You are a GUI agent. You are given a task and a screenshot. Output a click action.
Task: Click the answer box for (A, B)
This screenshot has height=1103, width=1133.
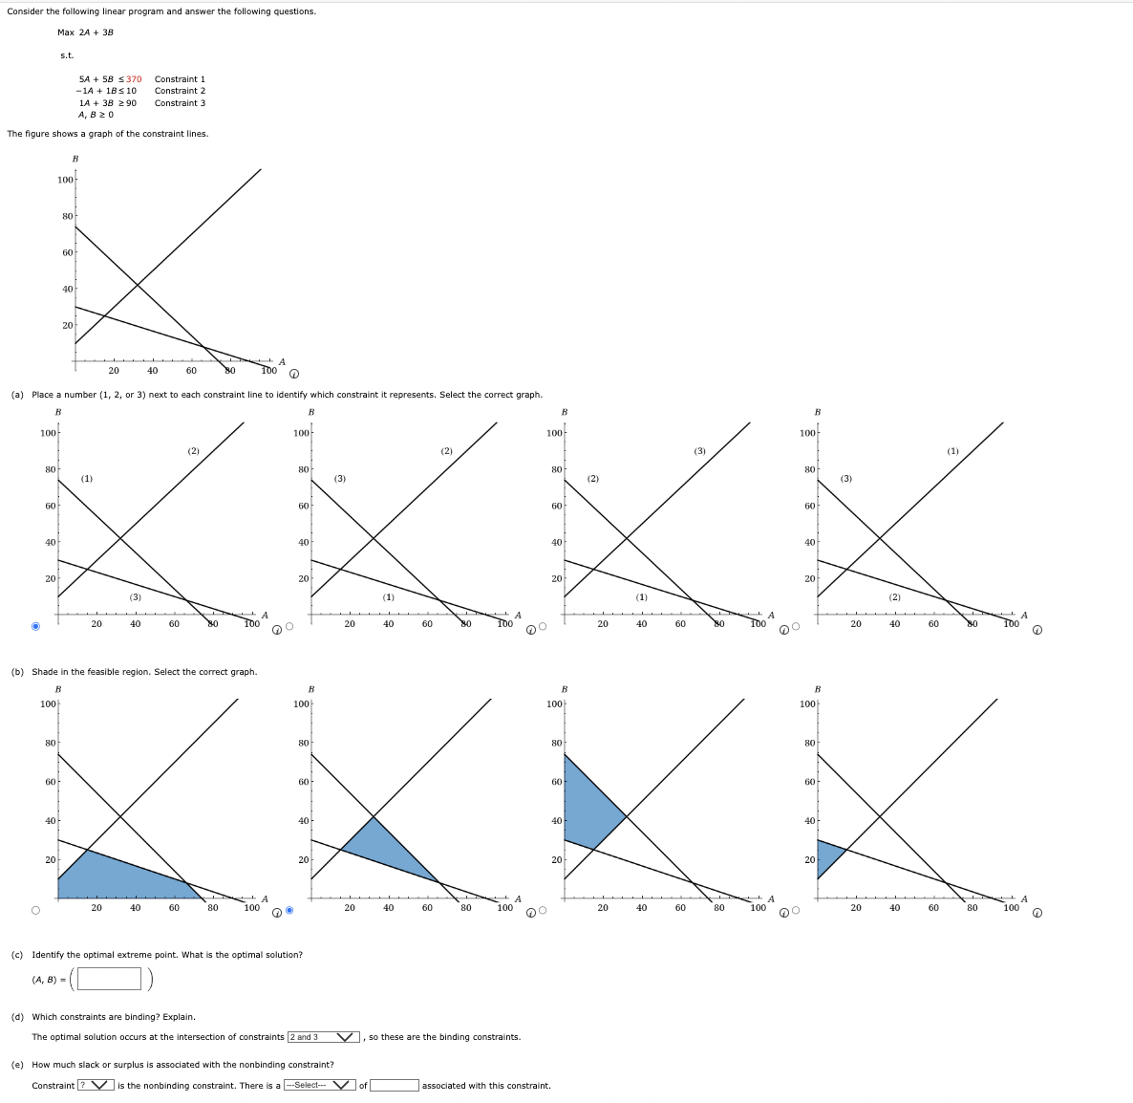pos(110,979)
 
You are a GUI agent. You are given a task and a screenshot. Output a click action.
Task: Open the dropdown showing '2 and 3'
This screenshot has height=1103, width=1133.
pos(324,1037)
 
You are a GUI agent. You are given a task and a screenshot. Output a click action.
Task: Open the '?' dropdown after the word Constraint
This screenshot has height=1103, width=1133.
pos(96,1086)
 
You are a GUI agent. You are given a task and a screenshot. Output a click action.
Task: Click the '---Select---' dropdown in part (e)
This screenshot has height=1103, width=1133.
pos(320,1086)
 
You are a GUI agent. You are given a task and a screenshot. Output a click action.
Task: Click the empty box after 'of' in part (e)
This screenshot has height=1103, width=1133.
pos(394,1086)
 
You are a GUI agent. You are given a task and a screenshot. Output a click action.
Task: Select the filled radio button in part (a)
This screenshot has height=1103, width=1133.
pos(36,627)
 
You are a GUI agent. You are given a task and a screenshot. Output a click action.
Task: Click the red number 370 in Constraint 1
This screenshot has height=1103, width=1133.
pos(134,79)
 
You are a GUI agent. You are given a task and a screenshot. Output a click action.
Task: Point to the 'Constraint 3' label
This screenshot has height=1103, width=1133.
pos(180,103)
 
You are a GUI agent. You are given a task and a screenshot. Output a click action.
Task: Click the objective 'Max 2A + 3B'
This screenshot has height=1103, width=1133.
pos(85,32)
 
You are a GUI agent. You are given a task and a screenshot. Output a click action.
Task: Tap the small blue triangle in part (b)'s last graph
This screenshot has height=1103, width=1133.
pos(829,855)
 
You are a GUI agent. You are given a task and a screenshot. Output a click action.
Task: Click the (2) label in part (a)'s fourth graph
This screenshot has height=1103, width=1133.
pos(894,597)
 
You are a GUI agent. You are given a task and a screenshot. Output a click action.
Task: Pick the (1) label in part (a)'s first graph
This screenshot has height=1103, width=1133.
pos(87,478)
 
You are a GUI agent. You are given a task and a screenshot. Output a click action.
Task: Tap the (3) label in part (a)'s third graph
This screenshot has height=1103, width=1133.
pos(699,451)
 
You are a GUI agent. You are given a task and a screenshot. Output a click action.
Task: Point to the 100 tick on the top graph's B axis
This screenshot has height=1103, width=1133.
pos(65,180)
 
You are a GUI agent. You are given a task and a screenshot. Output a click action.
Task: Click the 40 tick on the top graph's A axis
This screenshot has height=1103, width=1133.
pos(153,371)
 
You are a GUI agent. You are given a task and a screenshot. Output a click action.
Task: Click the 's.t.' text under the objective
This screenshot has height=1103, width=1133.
pos(67,55)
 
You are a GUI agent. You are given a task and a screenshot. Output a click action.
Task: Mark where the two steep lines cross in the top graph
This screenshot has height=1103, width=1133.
pos(138,285)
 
